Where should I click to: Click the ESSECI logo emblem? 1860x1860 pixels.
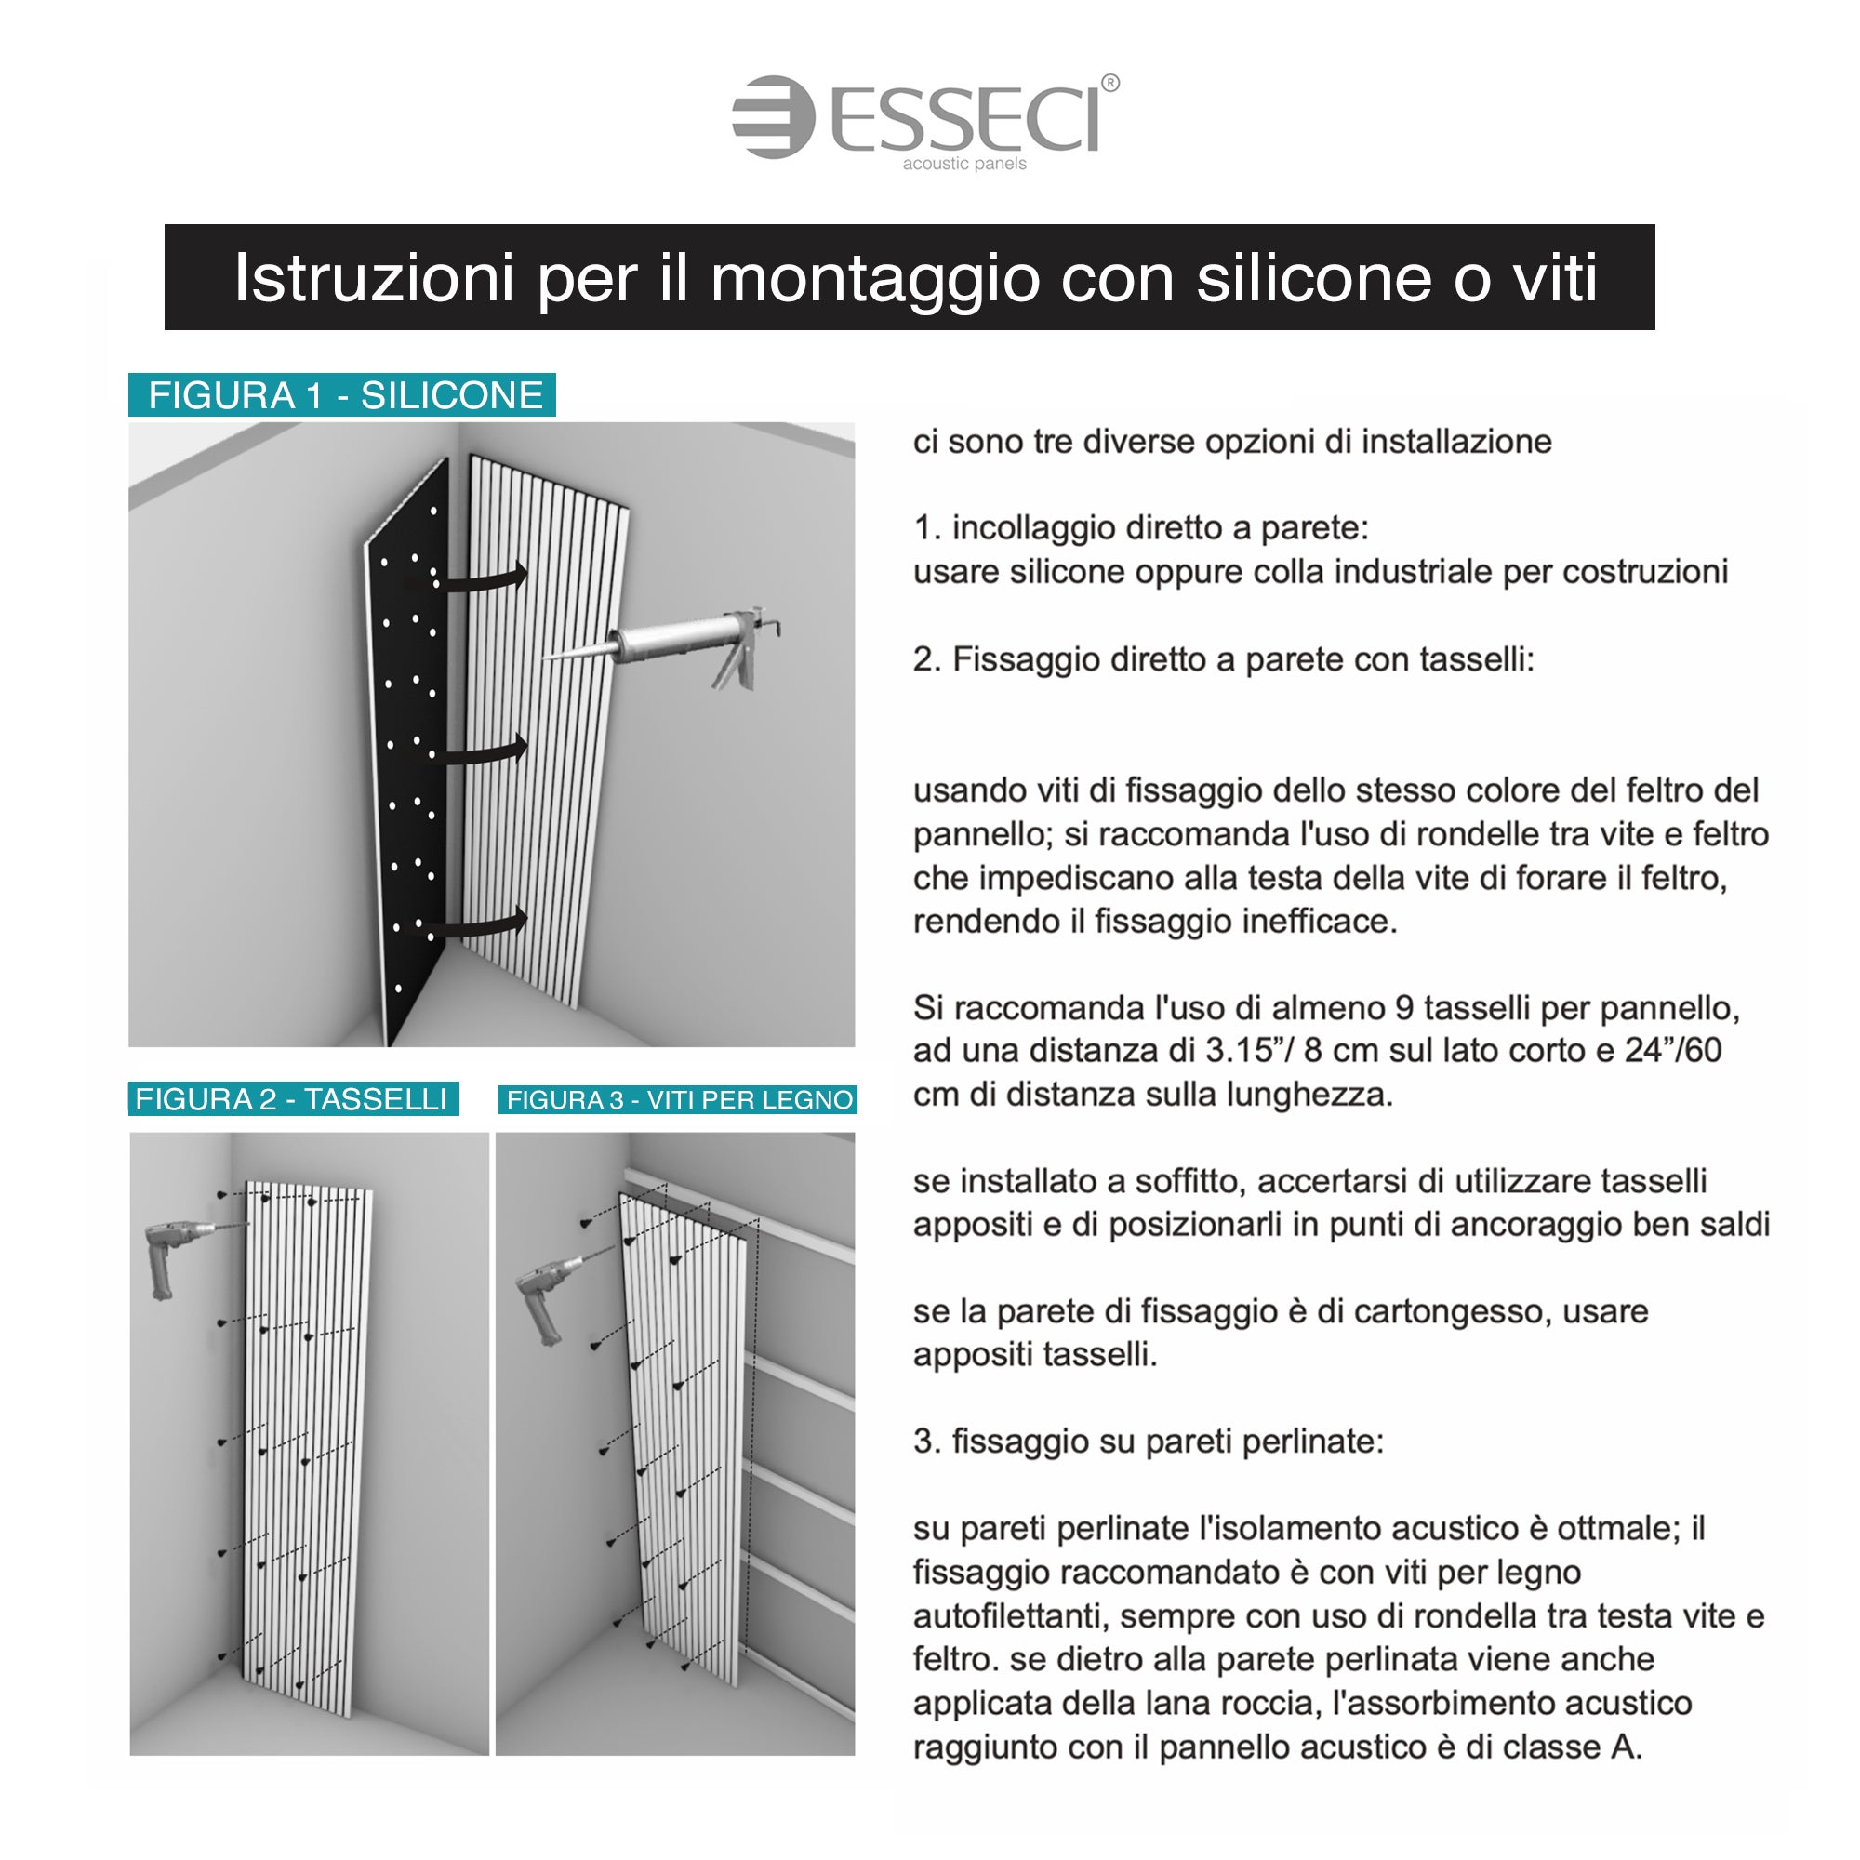pos(773,116)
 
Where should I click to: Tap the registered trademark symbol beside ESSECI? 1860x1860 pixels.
pos(1110,83)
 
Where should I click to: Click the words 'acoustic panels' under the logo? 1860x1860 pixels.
pos(964,164)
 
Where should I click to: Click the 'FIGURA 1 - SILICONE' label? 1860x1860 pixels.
pos(343,394)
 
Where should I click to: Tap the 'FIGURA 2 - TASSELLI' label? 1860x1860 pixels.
pos(294,1098)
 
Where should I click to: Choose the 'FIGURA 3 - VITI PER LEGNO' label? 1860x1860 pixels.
pos(678,1099)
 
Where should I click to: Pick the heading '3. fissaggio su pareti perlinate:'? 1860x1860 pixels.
pos(1149,1442)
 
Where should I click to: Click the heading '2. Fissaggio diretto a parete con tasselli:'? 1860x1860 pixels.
pos(1224,660)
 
